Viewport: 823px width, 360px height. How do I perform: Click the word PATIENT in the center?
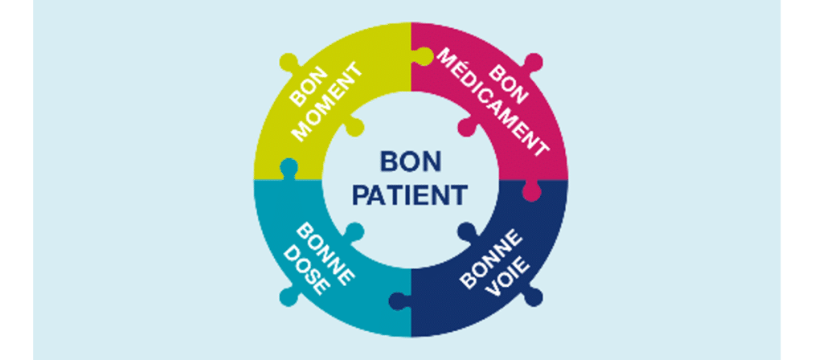(x=411, y=194)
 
